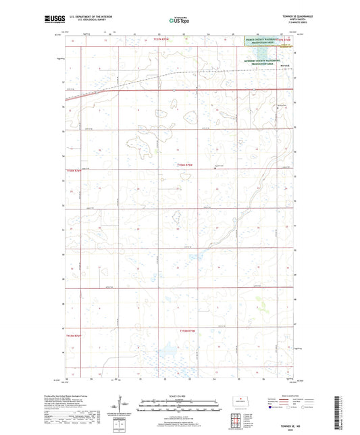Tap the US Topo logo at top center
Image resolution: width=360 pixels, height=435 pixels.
click(x=179, y=20)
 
